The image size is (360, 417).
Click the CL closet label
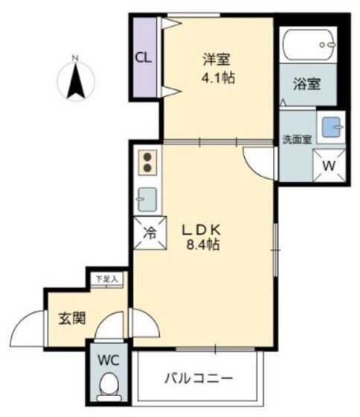pos(144,57)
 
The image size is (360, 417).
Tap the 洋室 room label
pos(215,57)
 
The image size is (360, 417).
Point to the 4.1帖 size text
pos(218,77)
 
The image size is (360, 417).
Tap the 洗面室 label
pos(297,139)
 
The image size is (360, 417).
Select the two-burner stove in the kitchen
pos(147,162)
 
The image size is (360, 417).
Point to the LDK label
pos(202,228)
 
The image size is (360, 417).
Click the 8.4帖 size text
pos(202,243)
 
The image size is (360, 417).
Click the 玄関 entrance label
pos(72,319)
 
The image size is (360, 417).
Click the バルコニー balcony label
pos(199,377)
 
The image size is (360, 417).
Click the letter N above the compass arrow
pos(74,57)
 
